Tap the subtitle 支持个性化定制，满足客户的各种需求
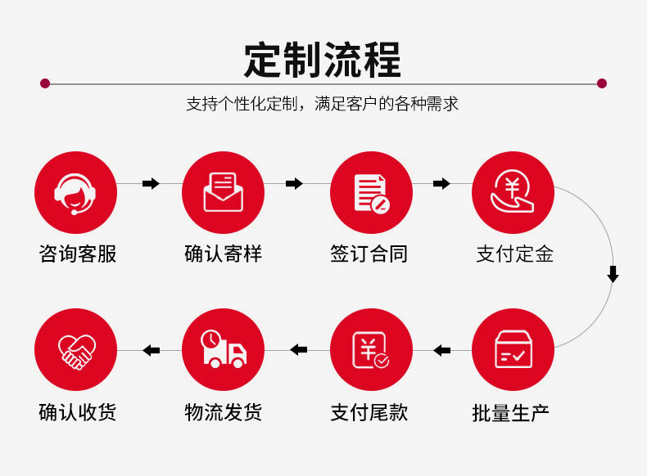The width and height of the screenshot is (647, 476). pyautogui.click(x=322, y=105)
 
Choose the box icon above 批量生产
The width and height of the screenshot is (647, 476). pyautogui.click(x=514, y=349)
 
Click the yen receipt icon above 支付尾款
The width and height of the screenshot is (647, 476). pyautogui.click(x=371, y=349)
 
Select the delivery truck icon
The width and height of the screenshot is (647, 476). pyautogui.click(x=223, y=349)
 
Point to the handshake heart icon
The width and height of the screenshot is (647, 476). pyautogui.click(x=75, y=349)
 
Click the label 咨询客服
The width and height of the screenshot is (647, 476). pyautogui.click(x=78, y=254)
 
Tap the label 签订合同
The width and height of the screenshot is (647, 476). pyautogui.click(x=369, y=254)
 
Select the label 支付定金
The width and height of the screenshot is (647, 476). pyautogui.click(x=515, y=254)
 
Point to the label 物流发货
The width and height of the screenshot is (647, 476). pyautogui.click(x=224, y=411)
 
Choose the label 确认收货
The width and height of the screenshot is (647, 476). pyautogui.click(x=78, y=411)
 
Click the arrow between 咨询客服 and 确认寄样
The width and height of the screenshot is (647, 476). pyautogui.click(x=151, y=184)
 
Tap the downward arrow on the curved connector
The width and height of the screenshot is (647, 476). pyautogui.click(x=613, y=274)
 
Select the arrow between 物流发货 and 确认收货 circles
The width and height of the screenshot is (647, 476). pyautogui.click(x=151, y=351)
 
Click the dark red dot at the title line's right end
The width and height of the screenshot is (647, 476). pyautogui.click(x=602, y=83)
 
